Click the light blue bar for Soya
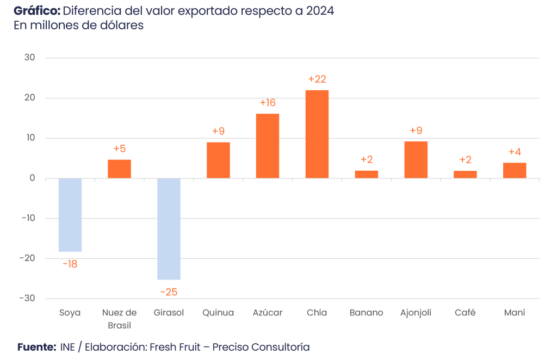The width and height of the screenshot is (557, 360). click(70, 215)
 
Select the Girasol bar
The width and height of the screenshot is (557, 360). click(169, 229)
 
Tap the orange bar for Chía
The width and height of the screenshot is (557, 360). click(317, 134)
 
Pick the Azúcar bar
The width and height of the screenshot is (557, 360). click(268, 146)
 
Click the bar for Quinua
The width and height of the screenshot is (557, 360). click(218, 160)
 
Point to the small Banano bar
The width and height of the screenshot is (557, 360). click(367, 174)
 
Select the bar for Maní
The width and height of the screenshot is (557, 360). click(515, 170)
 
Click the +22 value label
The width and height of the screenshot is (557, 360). click(317, 79)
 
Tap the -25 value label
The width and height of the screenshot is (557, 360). click(169, 292)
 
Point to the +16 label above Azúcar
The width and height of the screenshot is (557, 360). click(268, 103)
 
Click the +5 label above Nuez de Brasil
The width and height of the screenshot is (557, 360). click(119, 148)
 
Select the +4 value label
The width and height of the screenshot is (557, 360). click(515, 152)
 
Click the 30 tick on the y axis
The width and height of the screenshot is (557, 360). click(30, 58)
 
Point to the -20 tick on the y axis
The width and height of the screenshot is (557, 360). click(27, 258)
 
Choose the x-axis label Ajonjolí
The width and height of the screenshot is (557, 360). click(416, 313)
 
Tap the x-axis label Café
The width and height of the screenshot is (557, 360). click(465, 313)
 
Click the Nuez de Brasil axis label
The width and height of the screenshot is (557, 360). click(119, 319)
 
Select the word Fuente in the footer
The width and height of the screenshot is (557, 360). click(36, 347)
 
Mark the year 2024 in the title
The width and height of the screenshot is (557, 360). click(319, 11)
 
